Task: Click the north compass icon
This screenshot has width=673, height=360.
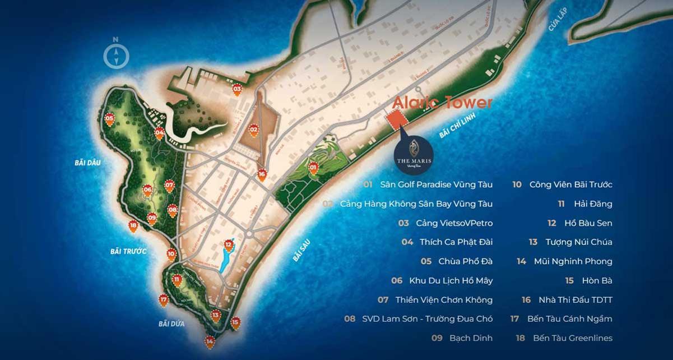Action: [x=116, y=56]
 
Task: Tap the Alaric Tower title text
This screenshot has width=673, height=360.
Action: [x=442, y=103]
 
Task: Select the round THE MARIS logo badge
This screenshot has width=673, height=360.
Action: [x=414, y=148]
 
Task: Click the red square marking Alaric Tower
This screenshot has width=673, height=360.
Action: [x=397, y=119]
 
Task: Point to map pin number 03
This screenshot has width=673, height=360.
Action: [x=237, y=89]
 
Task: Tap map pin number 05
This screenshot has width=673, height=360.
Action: [x=109, y=119]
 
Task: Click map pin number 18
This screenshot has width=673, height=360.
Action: [x=133, y=226]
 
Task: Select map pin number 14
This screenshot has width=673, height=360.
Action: [x=210, y=341]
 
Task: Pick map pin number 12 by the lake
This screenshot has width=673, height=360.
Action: [x=228, y=244]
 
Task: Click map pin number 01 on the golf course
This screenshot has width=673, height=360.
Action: [x=313, y=167]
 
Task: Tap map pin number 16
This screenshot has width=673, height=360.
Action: [x=261, y=174]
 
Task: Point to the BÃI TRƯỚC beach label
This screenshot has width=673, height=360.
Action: [x=128, y=251]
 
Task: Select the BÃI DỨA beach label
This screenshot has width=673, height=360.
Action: [x=171, y=324]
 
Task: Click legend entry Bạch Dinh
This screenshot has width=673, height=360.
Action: [x=470, y=338]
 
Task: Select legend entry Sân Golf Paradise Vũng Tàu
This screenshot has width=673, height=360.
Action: [x=435, y=184]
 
